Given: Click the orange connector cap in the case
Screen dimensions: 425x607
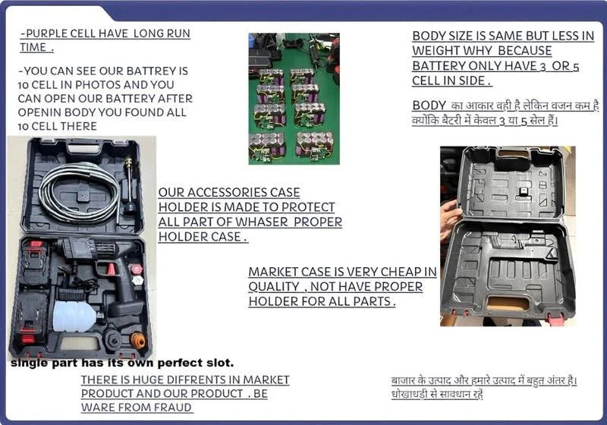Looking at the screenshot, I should coord(137,339).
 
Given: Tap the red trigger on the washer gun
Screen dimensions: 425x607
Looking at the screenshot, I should coord(110,269).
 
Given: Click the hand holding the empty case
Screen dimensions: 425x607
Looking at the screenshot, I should coord(448,219).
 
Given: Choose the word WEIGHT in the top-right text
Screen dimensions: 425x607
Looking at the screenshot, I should coord(437,51).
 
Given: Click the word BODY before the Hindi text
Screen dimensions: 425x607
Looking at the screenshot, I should coord(429,105).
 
